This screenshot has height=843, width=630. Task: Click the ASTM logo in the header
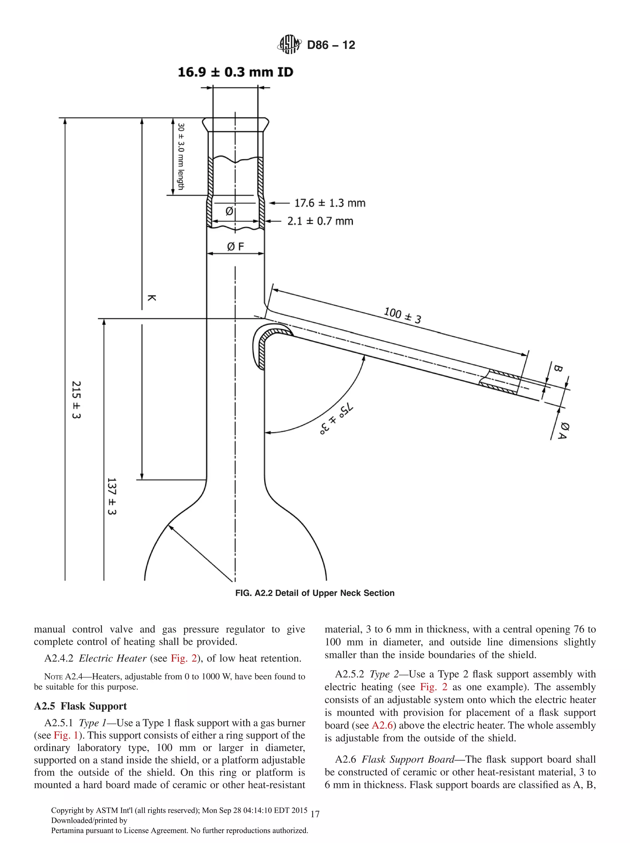coord(289,45)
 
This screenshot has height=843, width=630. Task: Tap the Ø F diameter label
coord(235,247)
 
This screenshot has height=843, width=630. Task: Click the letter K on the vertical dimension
coord(151,298)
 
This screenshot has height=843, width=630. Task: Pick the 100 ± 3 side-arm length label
coord(402,315)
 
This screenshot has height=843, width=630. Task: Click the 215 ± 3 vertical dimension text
coord(76,400)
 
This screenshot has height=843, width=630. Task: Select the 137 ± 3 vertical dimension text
coord(111,496)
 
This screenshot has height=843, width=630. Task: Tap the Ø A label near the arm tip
coord(563,431)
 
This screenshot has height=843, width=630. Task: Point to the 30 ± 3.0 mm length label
coord(181,156)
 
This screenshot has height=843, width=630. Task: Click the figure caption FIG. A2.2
coord(314,593)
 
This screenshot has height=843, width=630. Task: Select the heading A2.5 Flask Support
coord(80,706)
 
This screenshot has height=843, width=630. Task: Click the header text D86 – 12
coord(331,45)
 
